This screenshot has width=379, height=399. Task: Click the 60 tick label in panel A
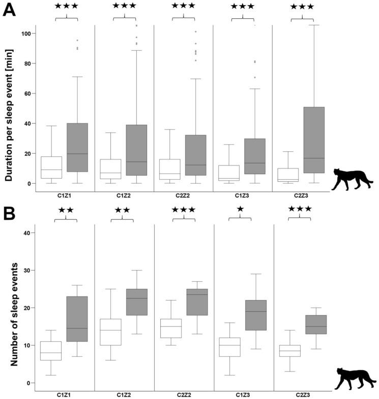click(26, 93)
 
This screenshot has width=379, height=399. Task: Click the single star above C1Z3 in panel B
click(241, 209)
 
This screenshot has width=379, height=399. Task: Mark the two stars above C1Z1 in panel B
click(65, 209)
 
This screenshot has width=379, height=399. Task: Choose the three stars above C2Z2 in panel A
click(184, 6)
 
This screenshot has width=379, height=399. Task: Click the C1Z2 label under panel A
click(124, 195)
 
